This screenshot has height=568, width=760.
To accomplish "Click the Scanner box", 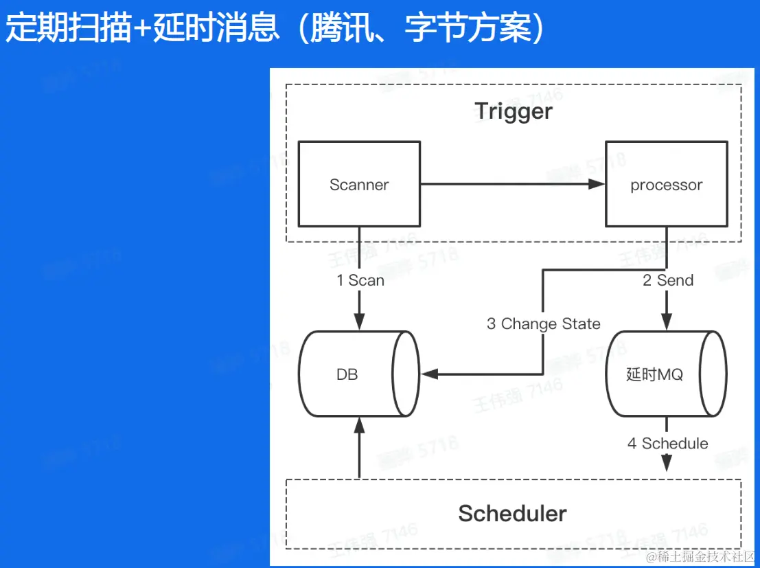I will (359, 184).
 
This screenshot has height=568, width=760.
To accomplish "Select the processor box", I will (666, 184).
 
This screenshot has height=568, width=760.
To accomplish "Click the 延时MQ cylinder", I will (666, 374).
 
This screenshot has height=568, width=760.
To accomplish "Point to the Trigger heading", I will (514, 111).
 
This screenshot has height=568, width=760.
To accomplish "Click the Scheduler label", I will (512, 513).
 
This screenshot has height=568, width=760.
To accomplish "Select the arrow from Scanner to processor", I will (511, 184).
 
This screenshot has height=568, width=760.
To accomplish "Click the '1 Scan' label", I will (360, 280).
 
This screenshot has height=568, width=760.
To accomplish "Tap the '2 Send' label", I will (668, 280).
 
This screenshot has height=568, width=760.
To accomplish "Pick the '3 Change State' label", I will (543, 324).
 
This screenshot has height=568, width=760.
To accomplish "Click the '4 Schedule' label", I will (667, 444).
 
